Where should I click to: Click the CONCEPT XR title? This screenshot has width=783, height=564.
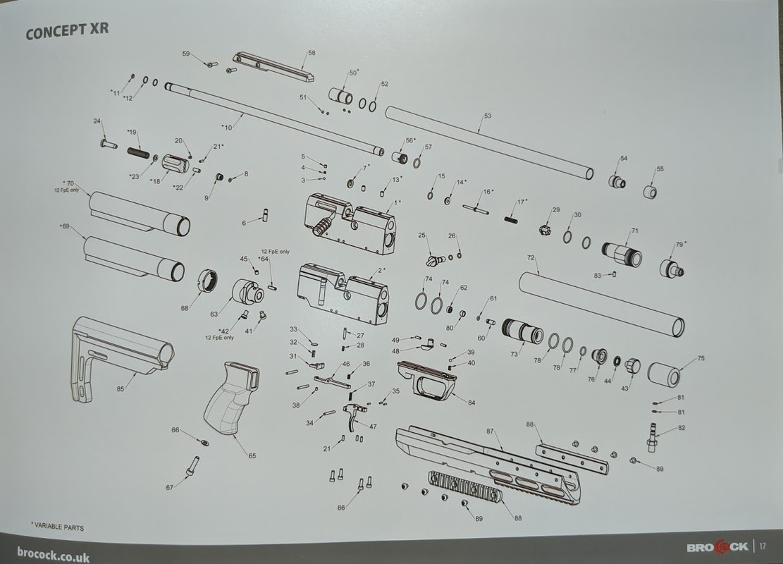(x=66, y=33)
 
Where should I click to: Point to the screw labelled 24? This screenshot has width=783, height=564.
(x=108, y=144)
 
